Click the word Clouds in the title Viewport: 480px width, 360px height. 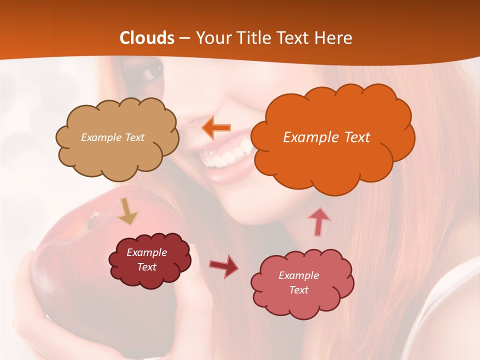[147, 38]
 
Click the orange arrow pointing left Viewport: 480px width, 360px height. [216, 127]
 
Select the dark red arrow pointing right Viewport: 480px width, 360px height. [224, 265]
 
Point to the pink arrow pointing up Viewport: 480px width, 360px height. [319, 221]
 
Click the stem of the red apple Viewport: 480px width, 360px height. [93, 219]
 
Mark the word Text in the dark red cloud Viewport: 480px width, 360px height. [147, 267]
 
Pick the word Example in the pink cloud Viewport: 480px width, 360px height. [298, 275]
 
